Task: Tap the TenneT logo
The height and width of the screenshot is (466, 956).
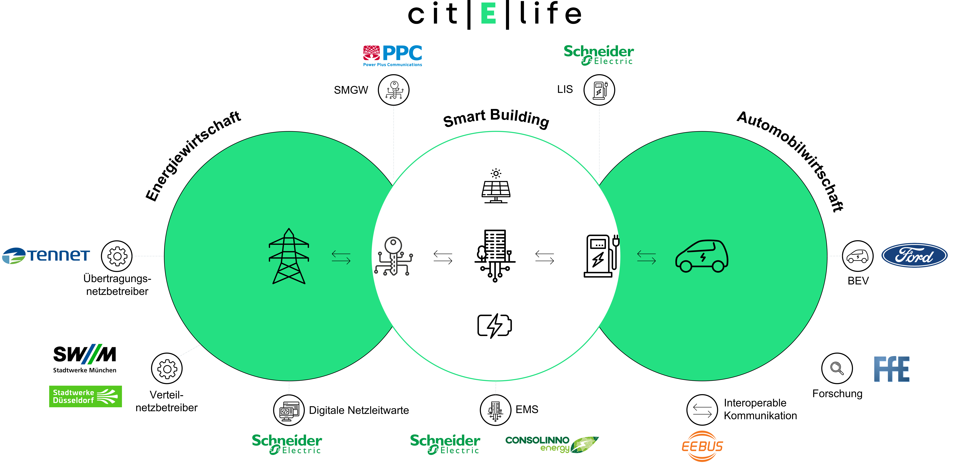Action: [x=46, y=255]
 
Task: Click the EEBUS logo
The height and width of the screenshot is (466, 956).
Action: [x=702, y=446]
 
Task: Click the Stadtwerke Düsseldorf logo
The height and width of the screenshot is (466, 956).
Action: [x=85, y=396]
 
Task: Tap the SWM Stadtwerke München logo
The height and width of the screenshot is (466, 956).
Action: [x=85, y=358]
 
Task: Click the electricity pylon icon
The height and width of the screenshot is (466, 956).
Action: [x=289, y=256]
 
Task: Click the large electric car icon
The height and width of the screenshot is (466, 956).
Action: [x=701, y=256]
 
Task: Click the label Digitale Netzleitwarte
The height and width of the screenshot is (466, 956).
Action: [x=359, y=410]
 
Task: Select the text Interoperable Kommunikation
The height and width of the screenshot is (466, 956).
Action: [x=760, y=409]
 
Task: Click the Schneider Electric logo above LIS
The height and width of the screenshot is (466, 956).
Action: [x=599, y=55]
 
